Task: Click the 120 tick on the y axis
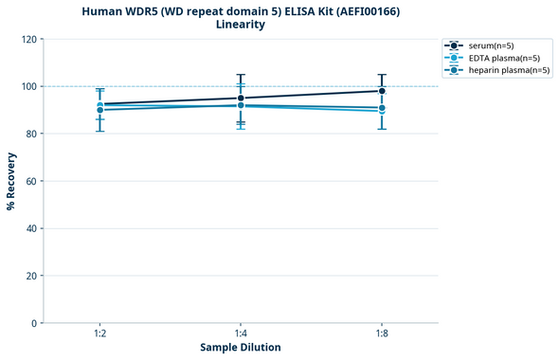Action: click(x=29, y=39)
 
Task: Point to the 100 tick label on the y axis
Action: click(x=29, y=86)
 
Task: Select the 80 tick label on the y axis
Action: click(x=31, y=134)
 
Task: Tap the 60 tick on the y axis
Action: click(x=31, y=181)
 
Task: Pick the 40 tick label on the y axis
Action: click(x=31, y=228)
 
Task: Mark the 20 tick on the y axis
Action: click(x=31, y=276)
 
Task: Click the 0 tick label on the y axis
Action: click(x=34, y=323)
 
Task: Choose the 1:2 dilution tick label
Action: click(x=99, y=333)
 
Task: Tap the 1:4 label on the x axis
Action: click(x=241, y=333)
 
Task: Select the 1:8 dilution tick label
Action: click(x=382, y=333)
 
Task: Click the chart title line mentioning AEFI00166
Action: click(x=241, y=11)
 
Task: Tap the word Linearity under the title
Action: click(x=241, y=25)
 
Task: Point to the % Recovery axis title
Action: click(x=11, y=181)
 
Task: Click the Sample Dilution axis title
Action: click(x=241, y=348)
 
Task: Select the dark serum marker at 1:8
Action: click(x=382, y=91)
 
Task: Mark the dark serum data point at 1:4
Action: click(x=241, y=98)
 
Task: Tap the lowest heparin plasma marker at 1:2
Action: click(x=99, y=110)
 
